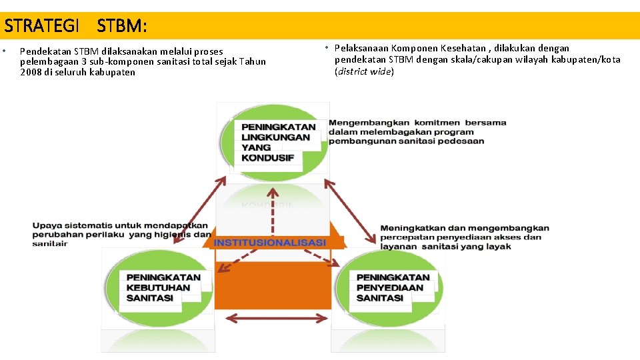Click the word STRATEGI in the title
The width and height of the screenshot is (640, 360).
click(41, 26)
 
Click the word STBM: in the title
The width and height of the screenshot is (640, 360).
click(121, 26)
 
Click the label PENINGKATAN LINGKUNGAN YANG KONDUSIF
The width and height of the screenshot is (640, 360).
click(278, 142)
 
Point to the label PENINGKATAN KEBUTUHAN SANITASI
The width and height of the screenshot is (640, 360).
click(163, 287)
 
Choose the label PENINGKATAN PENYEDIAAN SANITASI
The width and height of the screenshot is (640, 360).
click(393, 287)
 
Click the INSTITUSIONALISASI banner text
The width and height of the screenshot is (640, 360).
click(270, 242)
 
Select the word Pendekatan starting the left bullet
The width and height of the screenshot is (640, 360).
click(45, 51)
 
